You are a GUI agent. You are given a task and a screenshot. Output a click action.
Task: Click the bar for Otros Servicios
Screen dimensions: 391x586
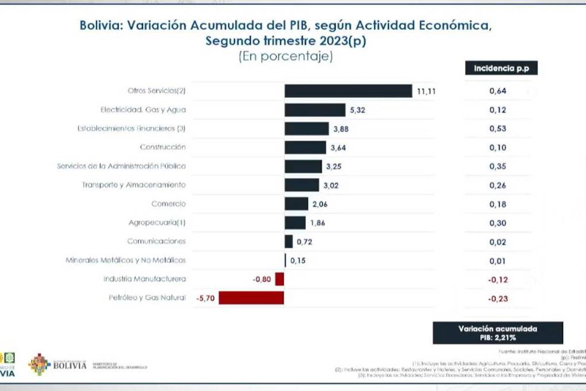[x=348, y=91]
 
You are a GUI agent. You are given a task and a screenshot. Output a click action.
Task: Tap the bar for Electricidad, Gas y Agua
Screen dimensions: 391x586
[x=314, y=110]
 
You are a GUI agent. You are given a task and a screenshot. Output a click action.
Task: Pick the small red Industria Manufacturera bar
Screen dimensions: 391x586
[x=279, y=279]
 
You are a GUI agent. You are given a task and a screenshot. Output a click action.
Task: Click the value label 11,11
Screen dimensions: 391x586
[x=426, y=91]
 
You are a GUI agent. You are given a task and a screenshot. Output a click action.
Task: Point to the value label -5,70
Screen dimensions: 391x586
[x=205, y=298]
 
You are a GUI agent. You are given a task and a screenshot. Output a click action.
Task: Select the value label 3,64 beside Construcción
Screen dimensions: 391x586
[x=338, y=148]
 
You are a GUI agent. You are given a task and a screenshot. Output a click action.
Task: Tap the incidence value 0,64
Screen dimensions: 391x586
[x=497, y=91]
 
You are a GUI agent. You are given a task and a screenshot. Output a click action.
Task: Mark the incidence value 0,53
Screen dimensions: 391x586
[x=497, y=129]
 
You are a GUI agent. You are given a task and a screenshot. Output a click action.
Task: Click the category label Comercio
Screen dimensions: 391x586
[x=168, y=204]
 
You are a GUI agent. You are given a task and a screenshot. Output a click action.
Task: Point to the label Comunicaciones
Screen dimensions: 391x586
[x=156, y=241]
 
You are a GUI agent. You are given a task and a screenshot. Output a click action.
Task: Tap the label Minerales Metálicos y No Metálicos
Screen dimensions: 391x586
[x=126, y=260]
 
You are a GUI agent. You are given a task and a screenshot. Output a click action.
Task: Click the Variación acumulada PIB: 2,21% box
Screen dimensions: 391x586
[x=498, y=333]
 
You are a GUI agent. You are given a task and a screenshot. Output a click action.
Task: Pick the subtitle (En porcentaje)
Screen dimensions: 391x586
[x=286, y=56]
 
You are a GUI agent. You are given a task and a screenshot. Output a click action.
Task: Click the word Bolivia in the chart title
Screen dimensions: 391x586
[x=100, y=26]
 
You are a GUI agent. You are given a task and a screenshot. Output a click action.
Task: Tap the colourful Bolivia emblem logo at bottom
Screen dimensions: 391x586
[x=40, y=365]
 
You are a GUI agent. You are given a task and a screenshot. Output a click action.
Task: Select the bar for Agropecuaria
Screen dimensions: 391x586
[x=295, y=223]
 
